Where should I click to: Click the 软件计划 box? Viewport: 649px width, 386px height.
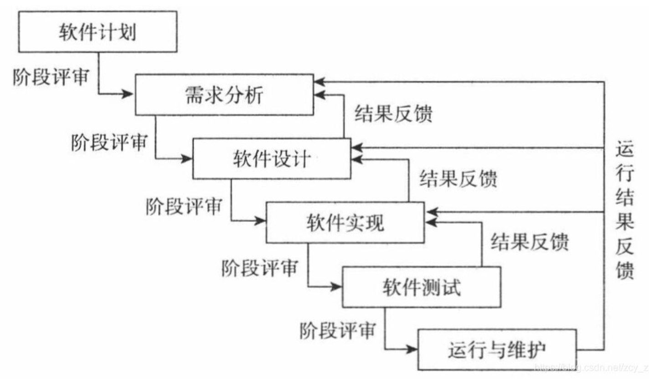click(x=98, y=32)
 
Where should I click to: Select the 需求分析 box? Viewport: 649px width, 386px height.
click(x=224, y=95)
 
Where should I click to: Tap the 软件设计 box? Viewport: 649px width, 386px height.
click(x=272, y=159)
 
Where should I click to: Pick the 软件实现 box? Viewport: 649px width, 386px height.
click(x=345, y=223)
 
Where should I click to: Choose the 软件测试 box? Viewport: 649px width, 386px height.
click(x=421, y=287)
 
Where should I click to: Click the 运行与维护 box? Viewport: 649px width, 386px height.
click(x=497, y=350)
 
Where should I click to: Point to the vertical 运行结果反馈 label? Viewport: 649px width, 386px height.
click(x=625, y=210)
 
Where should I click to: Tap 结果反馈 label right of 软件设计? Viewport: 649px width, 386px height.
click(x=458, y=178)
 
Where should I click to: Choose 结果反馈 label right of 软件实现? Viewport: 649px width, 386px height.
click(x=530, y=242)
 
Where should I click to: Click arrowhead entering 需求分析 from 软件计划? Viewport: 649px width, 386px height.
click(x=128, y=94)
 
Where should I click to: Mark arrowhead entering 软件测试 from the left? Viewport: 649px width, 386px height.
click(x=336, y=287)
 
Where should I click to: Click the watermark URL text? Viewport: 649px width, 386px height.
click(x=591, y=367)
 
